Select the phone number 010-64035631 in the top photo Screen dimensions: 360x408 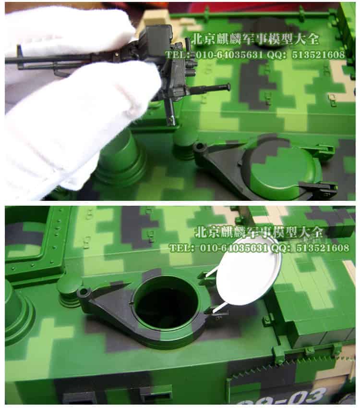click(x=229, y=55)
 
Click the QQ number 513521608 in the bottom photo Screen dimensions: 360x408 click(x=323, y=248)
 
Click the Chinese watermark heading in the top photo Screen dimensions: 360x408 click(x=255, y=39)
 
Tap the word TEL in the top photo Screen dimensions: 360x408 click(x=177, y=55)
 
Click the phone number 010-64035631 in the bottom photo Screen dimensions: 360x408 click(x=233, y=248)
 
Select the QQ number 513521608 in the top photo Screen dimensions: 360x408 click(x=318, y=55)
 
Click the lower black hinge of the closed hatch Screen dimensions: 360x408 click(x=319, y=188)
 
